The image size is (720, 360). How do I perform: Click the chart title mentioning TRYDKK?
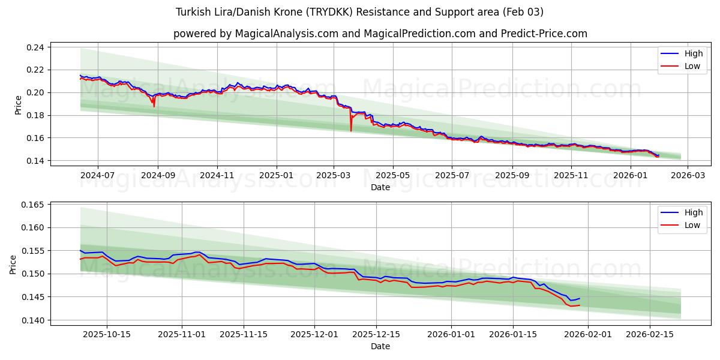pyautogui.click(x=359, y=12)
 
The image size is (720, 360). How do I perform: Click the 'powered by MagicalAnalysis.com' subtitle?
pyautogui.click(x=380, y=34)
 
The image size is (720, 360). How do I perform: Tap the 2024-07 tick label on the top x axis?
pyautogui.click(x=97, y=175)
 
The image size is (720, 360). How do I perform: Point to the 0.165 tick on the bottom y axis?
pyautogui.click(x=34, y=205)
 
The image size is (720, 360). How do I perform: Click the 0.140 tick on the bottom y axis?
pyautogui.click(x=34, y=320)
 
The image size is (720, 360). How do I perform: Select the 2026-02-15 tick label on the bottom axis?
pyautogui.click(x=650, y=334)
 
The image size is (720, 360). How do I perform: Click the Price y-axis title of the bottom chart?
pyautogui.click(x=14, y=264)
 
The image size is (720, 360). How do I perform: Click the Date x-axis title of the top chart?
pyautogui.click(x=380, y=187)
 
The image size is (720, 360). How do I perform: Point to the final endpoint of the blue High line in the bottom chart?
pyautogui.click(x=580, y=298)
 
